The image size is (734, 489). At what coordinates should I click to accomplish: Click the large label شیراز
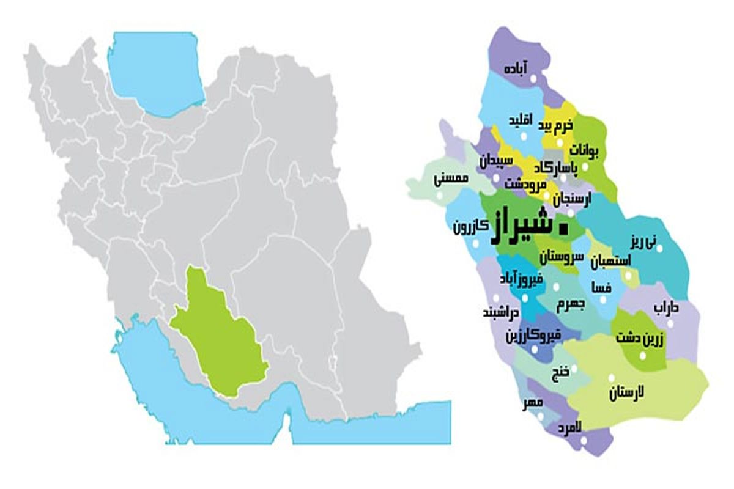(522, 228)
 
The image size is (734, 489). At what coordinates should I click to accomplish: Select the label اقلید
(521, 120)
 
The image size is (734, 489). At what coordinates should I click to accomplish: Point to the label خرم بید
(556, 127)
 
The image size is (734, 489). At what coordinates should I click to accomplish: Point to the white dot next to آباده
(532, 79)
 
